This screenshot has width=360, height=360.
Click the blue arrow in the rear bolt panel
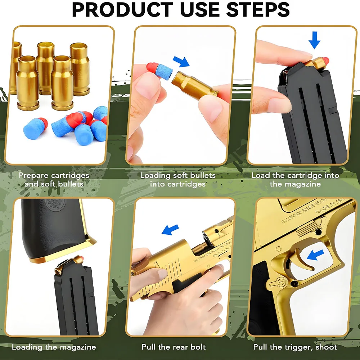pos(170,229)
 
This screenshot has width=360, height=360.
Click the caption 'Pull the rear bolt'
pos(174,347)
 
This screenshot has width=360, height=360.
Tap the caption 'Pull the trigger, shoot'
pos(295,347)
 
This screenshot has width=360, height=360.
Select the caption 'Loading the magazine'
pos(54,347)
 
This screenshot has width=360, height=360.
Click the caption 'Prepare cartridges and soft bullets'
pos(54,180)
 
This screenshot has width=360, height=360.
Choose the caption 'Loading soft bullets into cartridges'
pos(178,180)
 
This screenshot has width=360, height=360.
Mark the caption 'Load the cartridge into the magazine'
pos(295,180)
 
